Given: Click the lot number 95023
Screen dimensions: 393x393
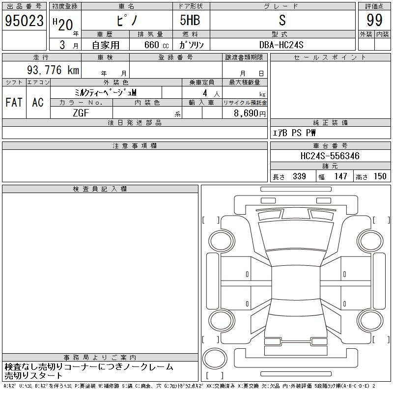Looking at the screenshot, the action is point(24,21).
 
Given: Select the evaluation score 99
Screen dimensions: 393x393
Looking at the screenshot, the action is point(374,20).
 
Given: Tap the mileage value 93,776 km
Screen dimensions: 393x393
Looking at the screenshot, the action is point(53,70).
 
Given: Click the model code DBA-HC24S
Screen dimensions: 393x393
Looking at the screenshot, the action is point(281,45).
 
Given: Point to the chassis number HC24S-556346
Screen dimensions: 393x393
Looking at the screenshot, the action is point(330,156).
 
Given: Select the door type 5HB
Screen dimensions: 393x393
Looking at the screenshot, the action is point(190,20).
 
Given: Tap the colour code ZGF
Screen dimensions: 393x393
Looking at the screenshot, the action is point(81,113).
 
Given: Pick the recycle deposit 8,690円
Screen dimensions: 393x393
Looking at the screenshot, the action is point(250,113).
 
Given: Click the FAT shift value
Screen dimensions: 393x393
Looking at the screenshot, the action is point(14,102).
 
